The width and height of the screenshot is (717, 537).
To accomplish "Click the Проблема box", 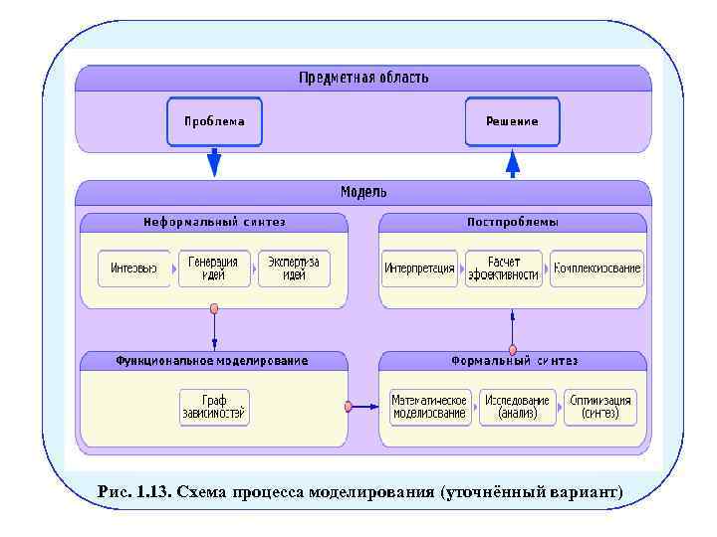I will pyautogui.click(x=214, y=121).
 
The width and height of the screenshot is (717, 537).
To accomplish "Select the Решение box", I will pyautogui.click(x=512, y=121).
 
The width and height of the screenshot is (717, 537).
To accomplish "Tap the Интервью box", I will pyautogui.click(x=133, y=268).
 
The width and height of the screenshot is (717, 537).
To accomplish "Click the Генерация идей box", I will pyautogui.click(x=214, y=268).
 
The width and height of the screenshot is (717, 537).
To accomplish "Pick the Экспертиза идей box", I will pyautogui.click(x=294, y=268).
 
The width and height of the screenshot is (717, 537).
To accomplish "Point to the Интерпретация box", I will pyautogui.click(x=419, y=268).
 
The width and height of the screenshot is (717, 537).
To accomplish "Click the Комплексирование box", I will pyautogui.click(x=597, y=268).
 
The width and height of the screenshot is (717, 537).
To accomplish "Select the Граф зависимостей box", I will pyautogui.click(x=214, y=407).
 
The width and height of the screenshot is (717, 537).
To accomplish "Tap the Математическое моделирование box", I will pyautogui.click(x=429, y=407).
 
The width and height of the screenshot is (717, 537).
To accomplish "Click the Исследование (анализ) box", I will pyautogui.click(x=518, y=407).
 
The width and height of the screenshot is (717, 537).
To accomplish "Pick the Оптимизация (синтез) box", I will pyautogui.click(x=600, y=407).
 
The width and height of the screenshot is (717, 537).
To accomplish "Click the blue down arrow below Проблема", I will pyautogui.click(x=214, y=162).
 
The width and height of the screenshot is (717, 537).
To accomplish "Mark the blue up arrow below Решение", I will pyautogui.click(x=513, y=162).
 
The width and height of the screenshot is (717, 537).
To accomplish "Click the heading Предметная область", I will pyautogui.click(x=363, y=78).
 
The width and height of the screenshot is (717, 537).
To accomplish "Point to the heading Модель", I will pyautogui.click(x=363, y=191).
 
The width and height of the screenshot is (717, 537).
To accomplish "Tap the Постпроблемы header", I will pyautogui.click(x=513, y=222).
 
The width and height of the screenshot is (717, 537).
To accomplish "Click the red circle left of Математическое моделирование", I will pyautogui.click(x=349, y=406).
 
